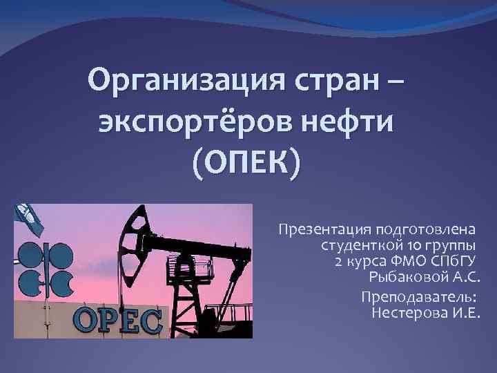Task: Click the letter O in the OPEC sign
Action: [86, 322]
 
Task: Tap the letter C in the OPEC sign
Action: [149, 322]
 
